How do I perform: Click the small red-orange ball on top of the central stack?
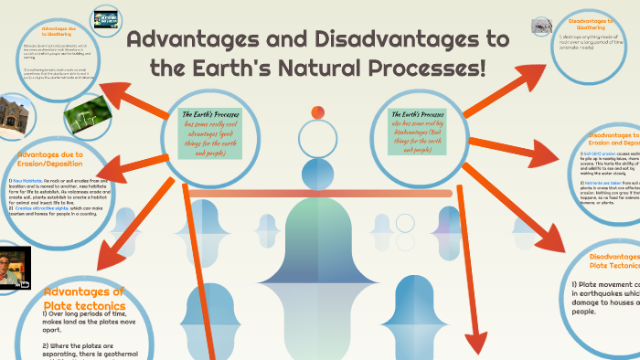318,112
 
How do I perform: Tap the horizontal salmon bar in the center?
320,194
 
